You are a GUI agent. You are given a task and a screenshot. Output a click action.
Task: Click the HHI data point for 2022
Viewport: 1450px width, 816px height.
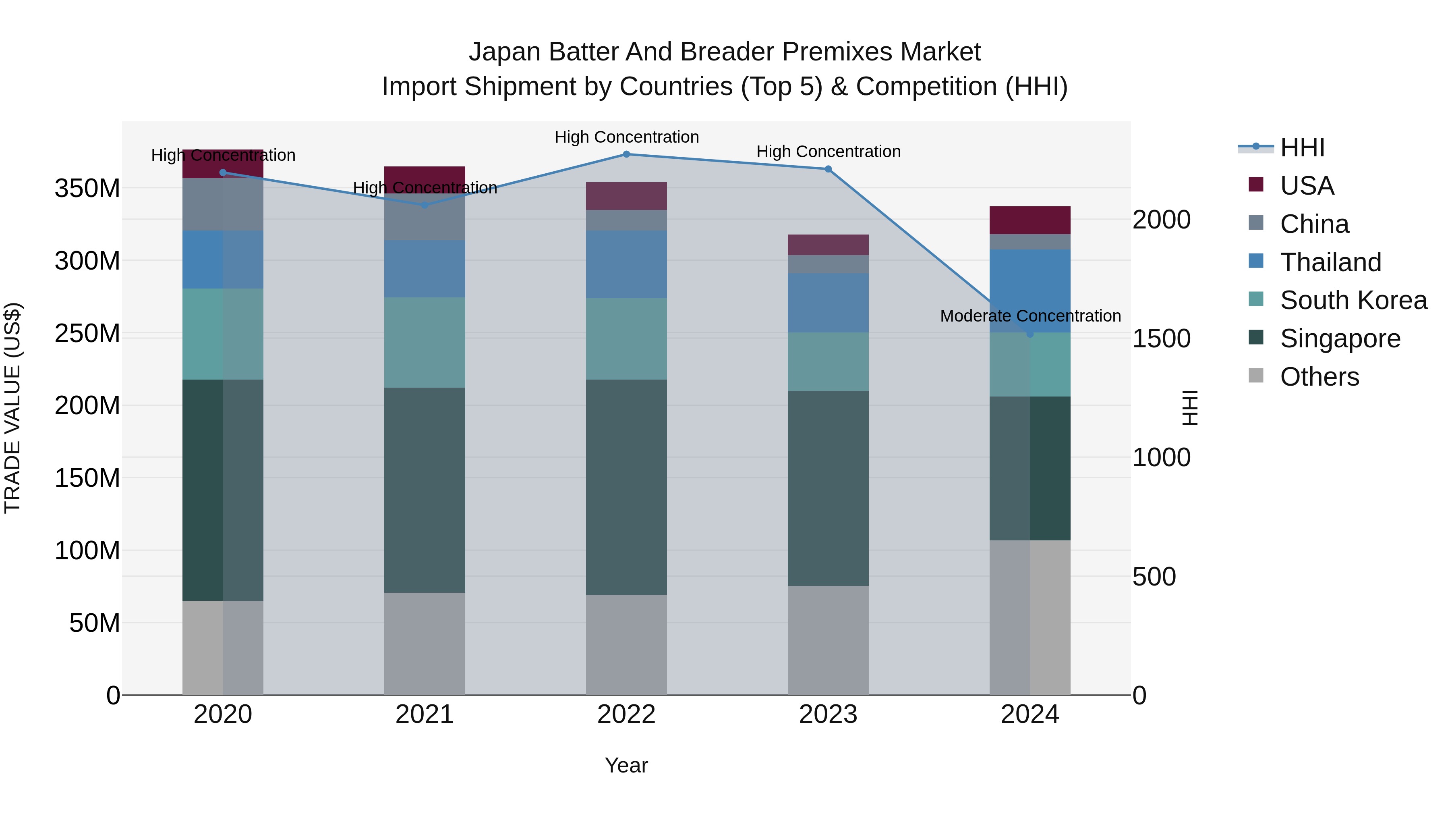tap(626, 154)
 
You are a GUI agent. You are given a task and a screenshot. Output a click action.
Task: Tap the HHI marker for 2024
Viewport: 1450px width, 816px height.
tap(1029, 334)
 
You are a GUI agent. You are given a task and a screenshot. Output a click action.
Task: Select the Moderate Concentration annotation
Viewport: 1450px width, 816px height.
tap(1030, 316)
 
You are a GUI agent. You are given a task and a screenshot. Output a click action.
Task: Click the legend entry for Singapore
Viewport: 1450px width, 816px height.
tap(1340, 338)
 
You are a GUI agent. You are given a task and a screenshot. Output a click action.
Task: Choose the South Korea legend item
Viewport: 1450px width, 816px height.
tap(1353, 300)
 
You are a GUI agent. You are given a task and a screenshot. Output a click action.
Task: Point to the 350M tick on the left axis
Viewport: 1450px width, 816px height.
tap(87, 188)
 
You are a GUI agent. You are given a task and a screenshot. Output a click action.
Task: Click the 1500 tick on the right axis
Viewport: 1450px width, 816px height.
tap(1161, 338)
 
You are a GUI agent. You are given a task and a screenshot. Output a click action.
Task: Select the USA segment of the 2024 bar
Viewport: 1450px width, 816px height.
tap(1029, 220)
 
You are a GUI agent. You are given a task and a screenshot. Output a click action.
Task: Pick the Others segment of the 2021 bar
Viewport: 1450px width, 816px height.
tap(425, 643)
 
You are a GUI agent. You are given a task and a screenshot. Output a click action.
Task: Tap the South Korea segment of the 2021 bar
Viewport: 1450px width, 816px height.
tap(425, 343)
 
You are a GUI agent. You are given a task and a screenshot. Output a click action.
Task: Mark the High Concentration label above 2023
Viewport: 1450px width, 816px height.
tap(828, 152)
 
